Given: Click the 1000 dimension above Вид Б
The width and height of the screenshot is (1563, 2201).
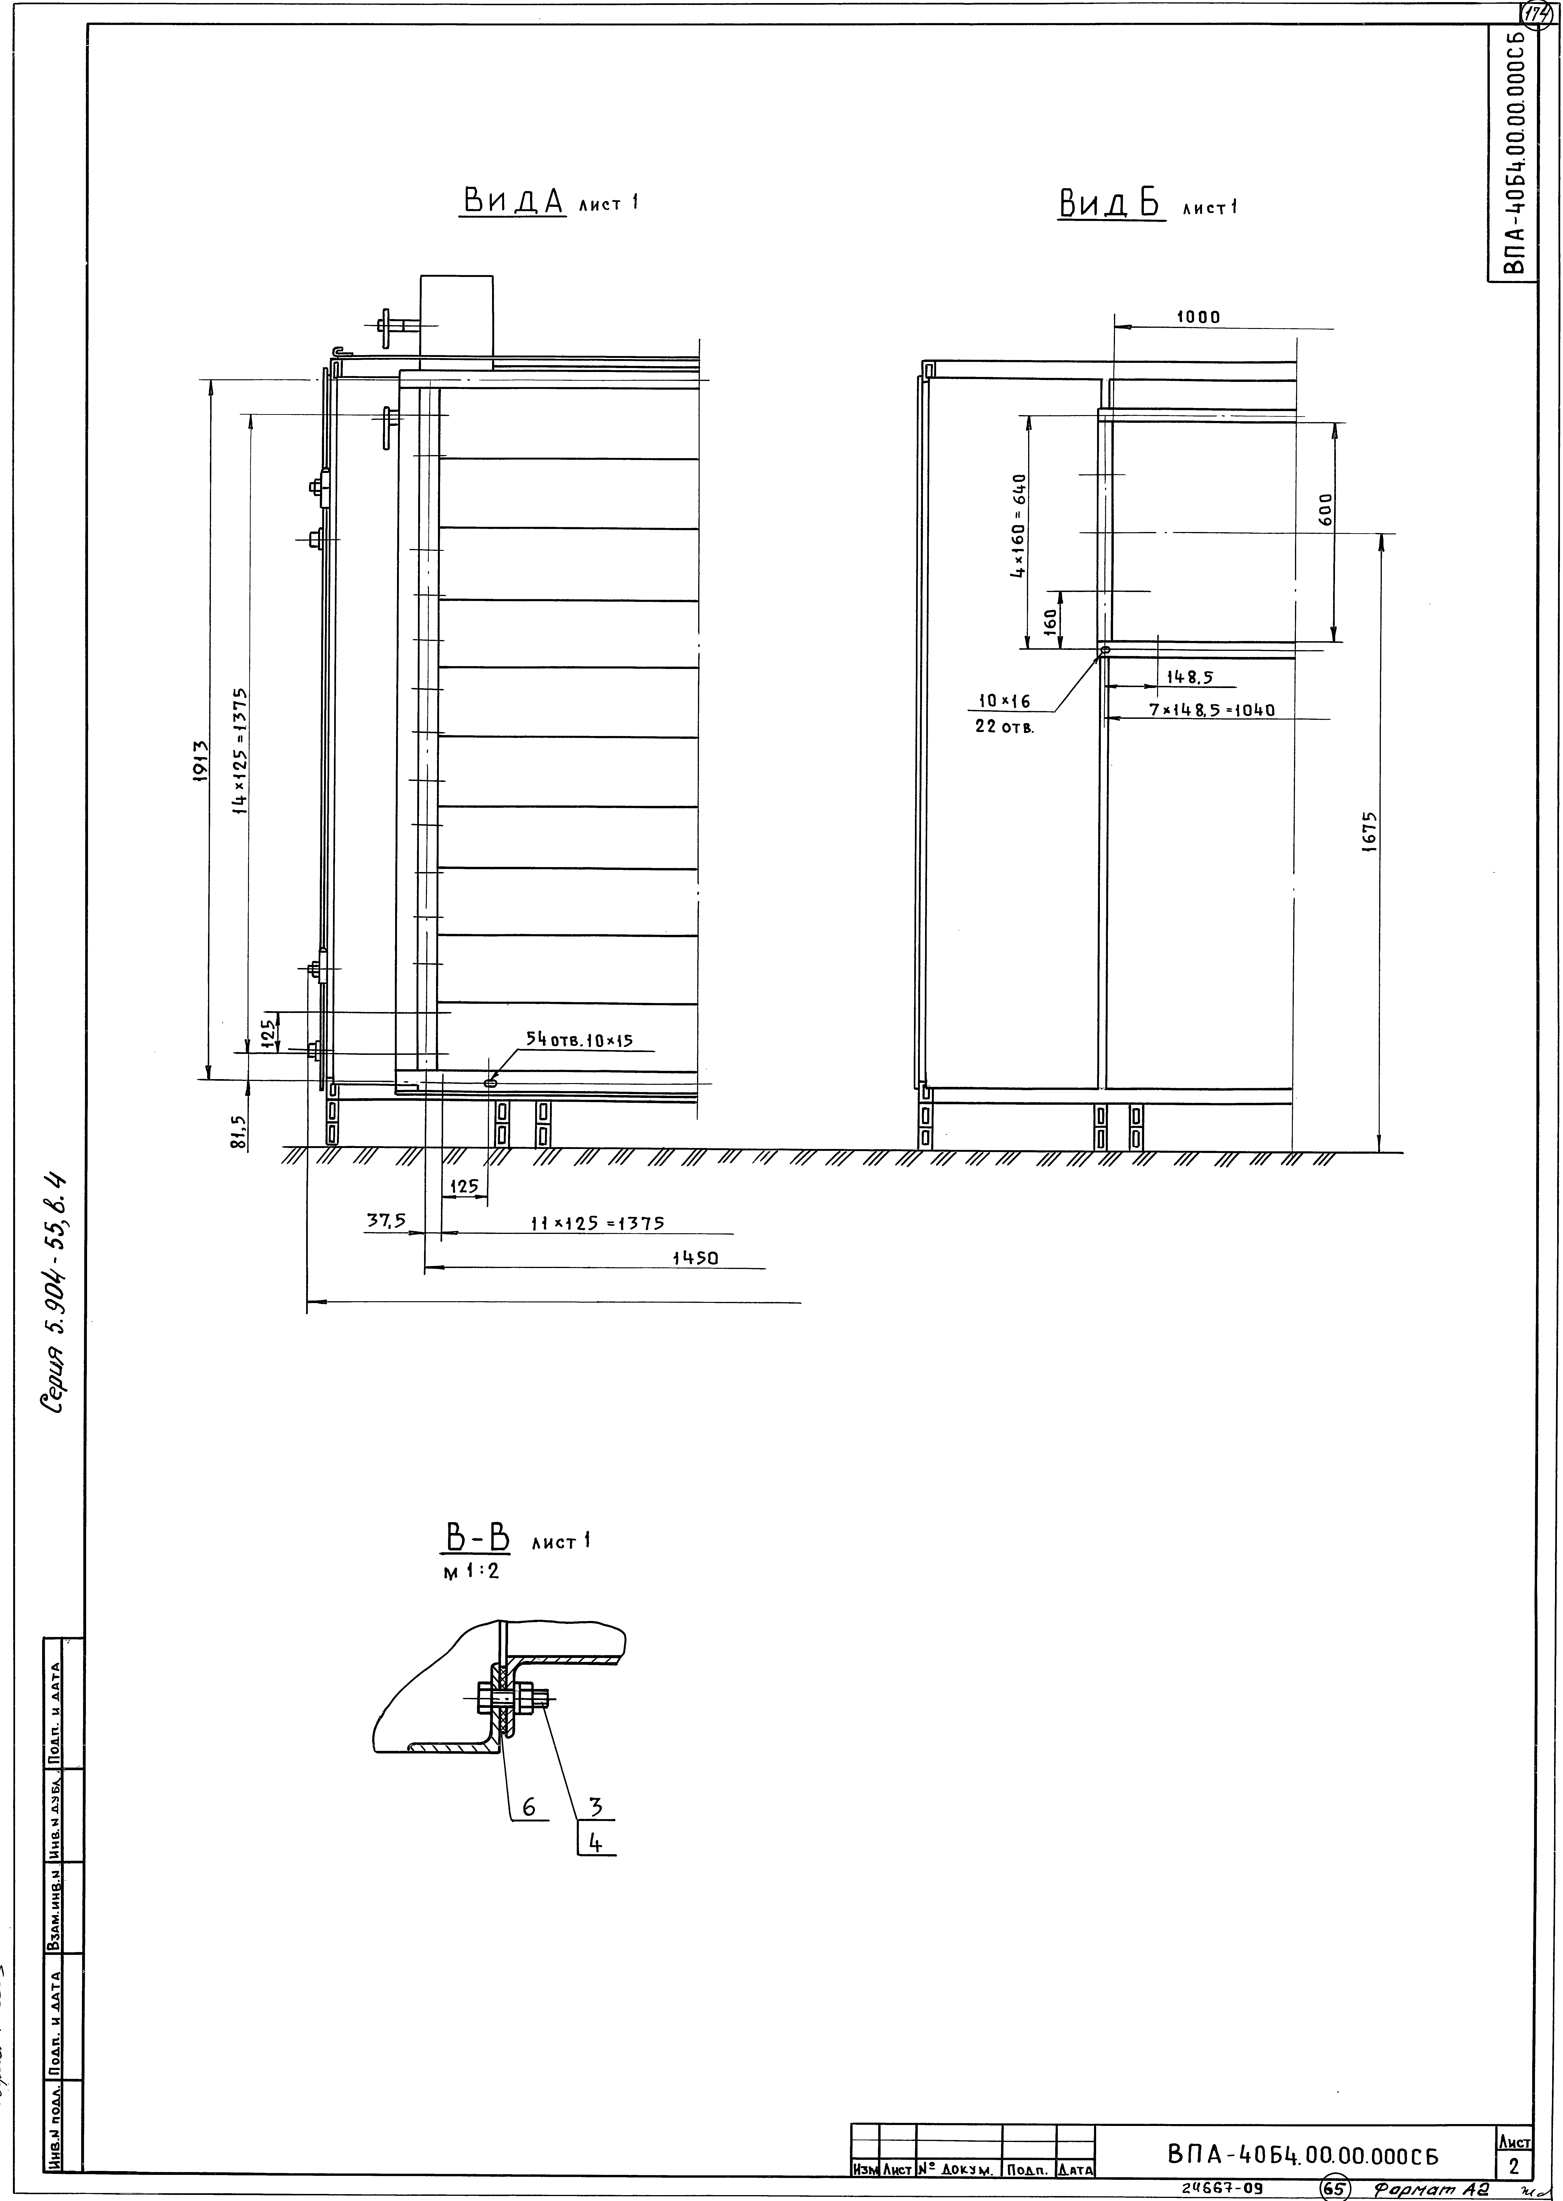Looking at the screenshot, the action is pos(1197,317).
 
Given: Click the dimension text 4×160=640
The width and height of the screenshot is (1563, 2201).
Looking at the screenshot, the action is pos(1018,524).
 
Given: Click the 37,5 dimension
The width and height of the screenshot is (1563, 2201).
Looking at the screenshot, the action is pos(385,1220).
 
